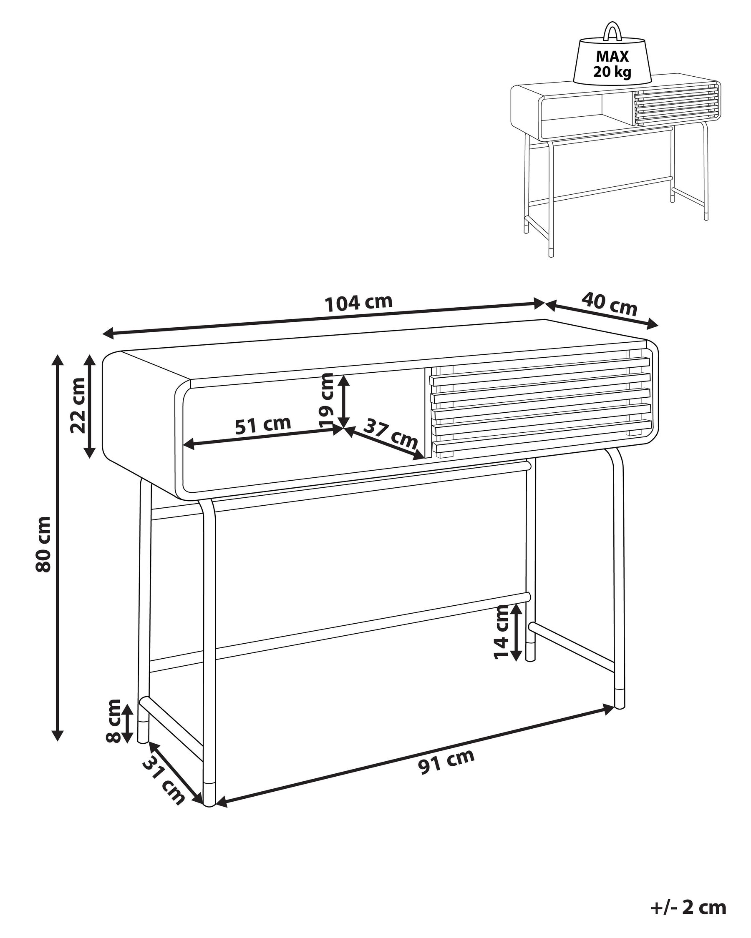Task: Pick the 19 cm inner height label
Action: pos(327,401)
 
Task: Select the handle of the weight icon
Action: pos(612,30)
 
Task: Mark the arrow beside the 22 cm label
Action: pos(89,406)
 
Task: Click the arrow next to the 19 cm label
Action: pos(344,401)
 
